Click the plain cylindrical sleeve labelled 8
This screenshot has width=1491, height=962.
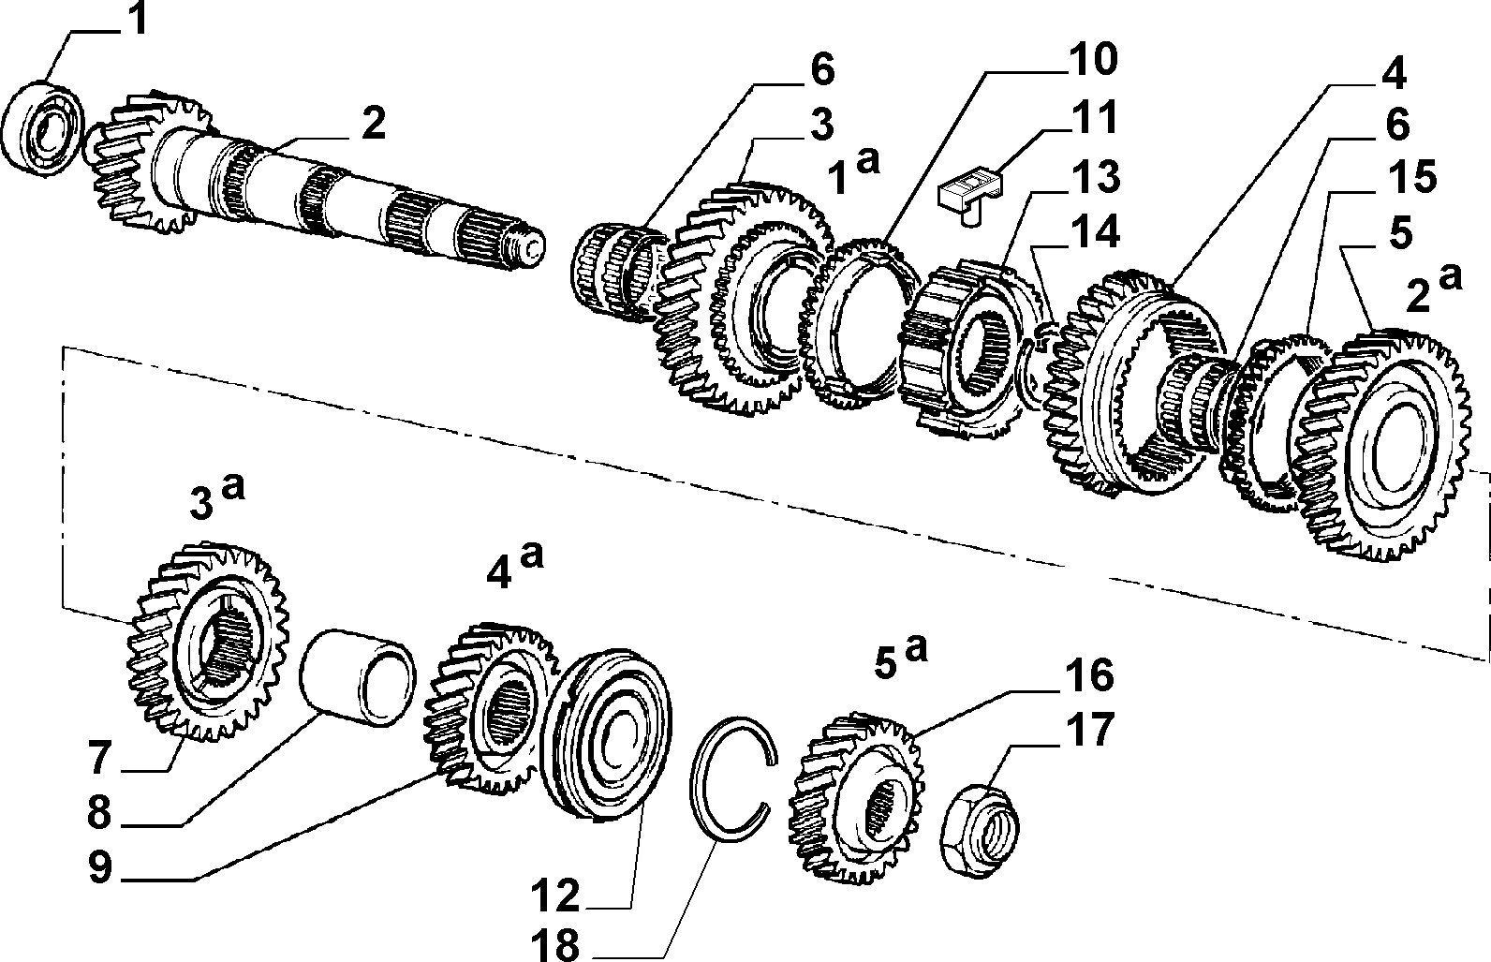pos(358,678)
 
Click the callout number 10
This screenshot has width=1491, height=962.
pos(1092,60)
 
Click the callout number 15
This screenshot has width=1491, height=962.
pos(1410,177)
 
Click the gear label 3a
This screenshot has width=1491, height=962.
pos(217,498)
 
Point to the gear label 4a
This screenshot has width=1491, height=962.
pos(514,566)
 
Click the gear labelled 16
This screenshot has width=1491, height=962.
pos(857,797)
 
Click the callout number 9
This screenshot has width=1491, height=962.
pos(100,866)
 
